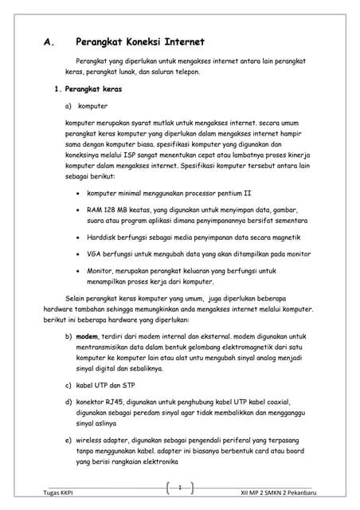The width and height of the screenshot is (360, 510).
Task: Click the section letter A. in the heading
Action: pos(48,42)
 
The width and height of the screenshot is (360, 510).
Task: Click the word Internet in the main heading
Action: pos(182,42)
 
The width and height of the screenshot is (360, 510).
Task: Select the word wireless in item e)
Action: pos(99,441)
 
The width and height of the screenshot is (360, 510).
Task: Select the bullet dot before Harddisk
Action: pos(76,237)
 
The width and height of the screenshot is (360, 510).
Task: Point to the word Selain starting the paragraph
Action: pos(78,298)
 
